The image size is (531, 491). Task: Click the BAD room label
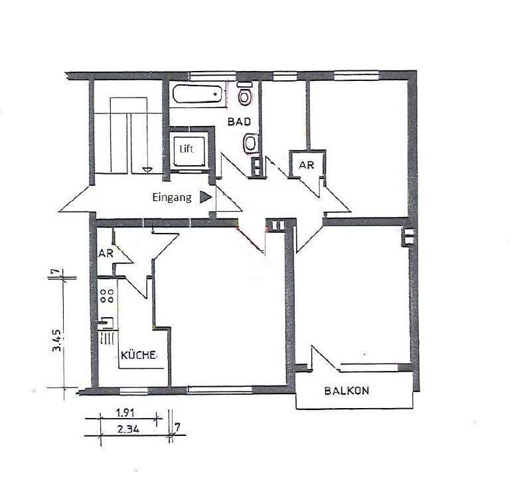click(239, 122)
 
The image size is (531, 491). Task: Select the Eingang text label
click(172, 197)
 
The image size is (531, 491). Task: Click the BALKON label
click(347, 391)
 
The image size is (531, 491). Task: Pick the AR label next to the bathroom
click(306, 165)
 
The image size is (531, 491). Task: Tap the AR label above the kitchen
click(106, 253)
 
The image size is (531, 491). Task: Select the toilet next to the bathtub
click(246, 97)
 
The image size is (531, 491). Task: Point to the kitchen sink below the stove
click(106, 324)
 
